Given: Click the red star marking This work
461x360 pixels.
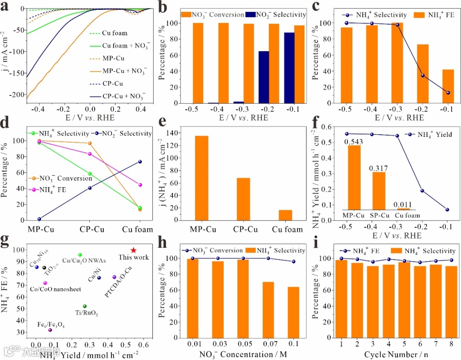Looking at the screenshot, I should point(134,250).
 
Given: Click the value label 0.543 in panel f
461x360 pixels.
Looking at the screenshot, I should point(354,141).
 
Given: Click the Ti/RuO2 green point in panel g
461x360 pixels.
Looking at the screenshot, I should point(85,306).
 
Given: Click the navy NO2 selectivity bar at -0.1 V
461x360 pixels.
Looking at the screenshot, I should point(290,68).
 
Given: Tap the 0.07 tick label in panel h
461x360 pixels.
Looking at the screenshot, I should point(268,344).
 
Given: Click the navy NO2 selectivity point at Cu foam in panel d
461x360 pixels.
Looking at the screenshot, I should point(140,162).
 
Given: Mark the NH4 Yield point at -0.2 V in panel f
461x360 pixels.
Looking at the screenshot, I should point(422,191).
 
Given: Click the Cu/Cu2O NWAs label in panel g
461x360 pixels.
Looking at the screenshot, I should point(84,261).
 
